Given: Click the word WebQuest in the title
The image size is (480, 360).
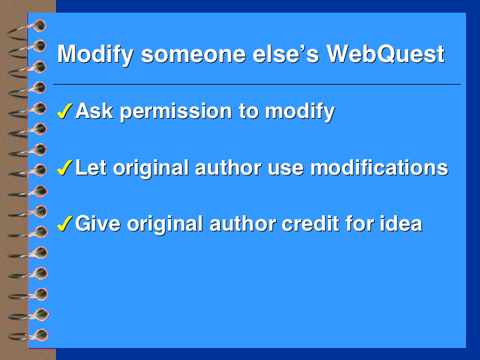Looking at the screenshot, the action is pyautogui.click(x=386, y=54).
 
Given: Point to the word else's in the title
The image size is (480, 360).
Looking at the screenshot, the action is pyautogui.click(x=286, y=54).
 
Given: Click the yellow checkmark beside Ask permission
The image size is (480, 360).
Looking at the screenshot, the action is pyautogui.click(x=65, y=111).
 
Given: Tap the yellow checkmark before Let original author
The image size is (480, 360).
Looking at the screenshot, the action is pyautogui.click(x=65, y=168).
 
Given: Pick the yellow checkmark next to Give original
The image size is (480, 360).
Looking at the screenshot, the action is pyautogui.click(x=65, y=223).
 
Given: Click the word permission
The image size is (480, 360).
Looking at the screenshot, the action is pyautogui.click(x=176, y=112).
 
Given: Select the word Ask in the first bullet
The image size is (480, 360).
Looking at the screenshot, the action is pyautogui.click(x=94, y=111).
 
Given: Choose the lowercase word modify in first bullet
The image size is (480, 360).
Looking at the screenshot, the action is pyautogui.click(x=300, y=112).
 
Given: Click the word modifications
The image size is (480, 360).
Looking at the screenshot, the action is pyautogui.click(x=379, y=168).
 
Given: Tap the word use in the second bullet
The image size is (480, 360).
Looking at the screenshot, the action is pyautogui.click(x=285, y=170).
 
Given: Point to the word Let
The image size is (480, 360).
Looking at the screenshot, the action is pyautogui.click(x=91, y=168).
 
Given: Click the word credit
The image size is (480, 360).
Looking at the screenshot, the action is pyautogui.click(x=311, y=224).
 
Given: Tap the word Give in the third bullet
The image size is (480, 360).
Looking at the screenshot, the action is pyautogui.click(x=98, y=224).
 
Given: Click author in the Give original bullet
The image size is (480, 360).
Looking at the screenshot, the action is pyautogui.click(x=243, y=224).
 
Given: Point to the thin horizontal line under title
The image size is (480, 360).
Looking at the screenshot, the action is pyautogui.click(x=257, y=84).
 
